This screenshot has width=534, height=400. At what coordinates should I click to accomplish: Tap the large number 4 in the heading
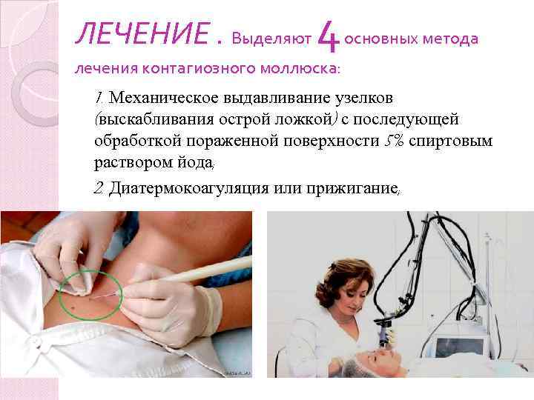click(x=327, y=35)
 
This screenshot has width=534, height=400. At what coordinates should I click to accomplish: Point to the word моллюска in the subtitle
click(x=292, y=69)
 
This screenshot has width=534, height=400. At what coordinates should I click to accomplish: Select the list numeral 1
click(x=99, y=98)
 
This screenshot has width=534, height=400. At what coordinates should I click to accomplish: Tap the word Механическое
click(x=168, y=98)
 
